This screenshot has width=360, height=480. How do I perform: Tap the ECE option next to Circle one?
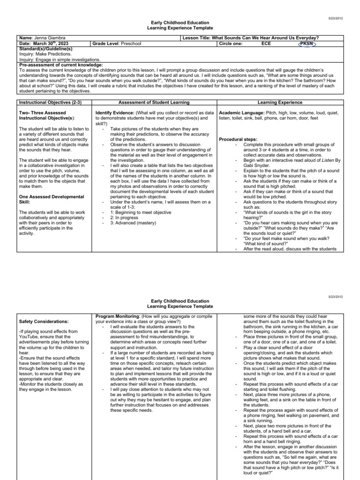[x=266, y=43]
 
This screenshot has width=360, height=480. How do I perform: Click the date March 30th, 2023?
[x=51, y=43]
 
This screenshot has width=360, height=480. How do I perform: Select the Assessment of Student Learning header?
[x=154, y=102]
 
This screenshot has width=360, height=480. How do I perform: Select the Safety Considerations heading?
[x=44, y=322]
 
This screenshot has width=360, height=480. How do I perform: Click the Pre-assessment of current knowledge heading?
[x=60, y=65]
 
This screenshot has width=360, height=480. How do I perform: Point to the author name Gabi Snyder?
[x=256, y=165]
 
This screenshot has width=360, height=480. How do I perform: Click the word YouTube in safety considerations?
[x=31, y=337]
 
